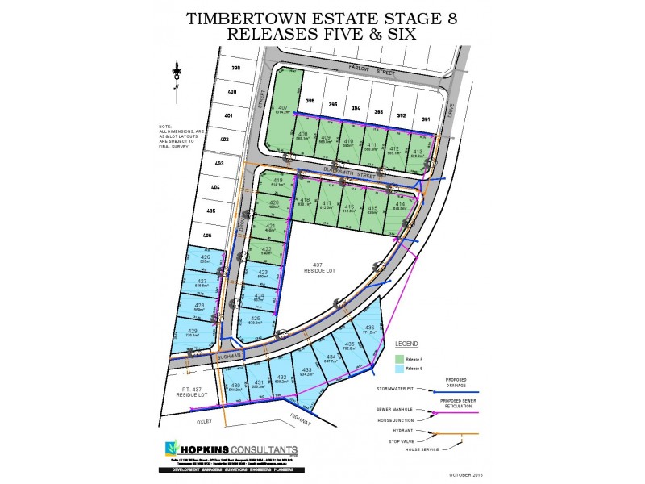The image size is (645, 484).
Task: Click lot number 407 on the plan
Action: click(x=283, y=107)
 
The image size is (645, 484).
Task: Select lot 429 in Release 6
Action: click(x=193, y=332)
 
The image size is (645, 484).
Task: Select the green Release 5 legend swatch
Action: click(x=399, y=358)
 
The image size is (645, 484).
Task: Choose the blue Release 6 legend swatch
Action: click(x=399, y=369)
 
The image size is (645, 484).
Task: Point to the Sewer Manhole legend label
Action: click(x=406, y=409)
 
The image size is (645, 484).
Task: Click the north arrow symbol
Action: click(x=175, y=73)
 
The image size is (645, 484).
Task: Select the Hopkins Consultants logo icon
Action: click(x=171, y=448)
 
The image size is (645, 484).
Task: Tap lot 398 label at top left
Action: click(x=236, y=69)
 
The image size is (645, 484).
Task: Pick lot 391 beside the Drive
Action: click(x=425, y=119)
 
